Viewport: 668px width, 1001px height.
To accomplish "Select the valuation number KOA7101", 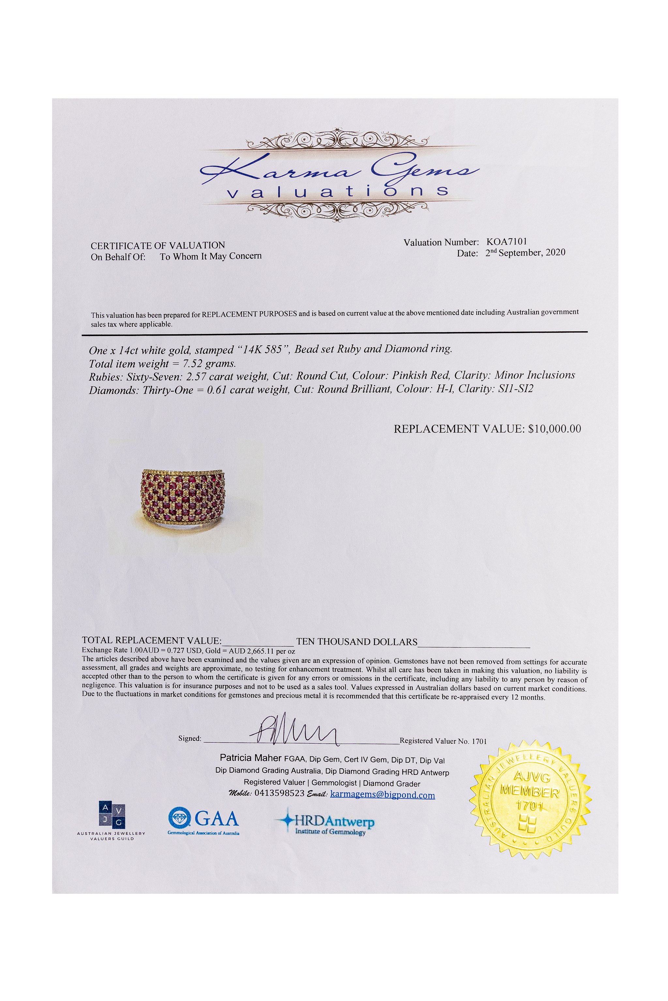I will tap(507, 242).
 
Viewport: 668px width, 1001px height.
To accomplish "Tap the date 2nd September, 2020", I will tap(525, 253).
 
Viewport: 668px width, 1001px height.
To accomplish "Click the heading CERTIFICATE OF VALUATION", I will tap(158, 246).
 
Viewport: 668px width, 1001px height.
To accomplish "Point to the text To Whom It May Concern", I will tap(210, 256).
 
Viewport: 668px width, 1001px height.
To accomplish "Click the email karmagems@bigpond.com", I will tap(382, 795).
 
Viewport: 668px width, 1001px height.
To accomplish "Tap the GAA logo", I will tap(204, 819).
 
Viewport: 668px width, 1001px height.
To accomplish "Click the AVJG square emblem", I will tap(112, 815).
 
